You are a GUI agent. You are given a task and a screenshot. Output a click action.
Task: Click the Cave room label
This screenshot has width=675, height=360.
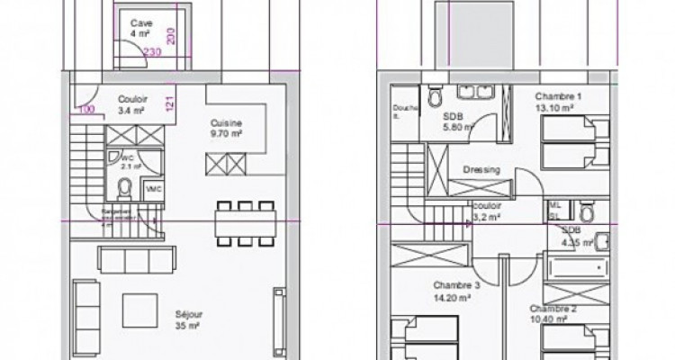140,27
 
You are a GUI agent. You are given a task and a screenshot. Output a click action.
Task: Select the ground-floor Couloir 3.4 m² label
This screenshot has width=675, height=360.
132,105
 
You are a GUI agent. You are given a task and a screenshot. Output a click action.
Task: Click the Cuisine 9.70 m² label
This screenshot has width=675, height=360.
226,129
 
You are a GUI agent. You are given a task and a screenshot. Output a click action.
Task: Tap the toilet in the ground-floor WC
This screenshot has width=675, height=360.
126,187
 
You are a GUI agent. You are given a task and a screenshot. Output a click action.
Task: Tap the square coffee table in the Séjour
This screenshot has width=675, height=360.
139,310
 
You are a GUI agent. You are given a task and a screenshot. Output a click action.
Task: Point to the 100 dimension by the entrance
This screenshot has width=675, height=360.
86,110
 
